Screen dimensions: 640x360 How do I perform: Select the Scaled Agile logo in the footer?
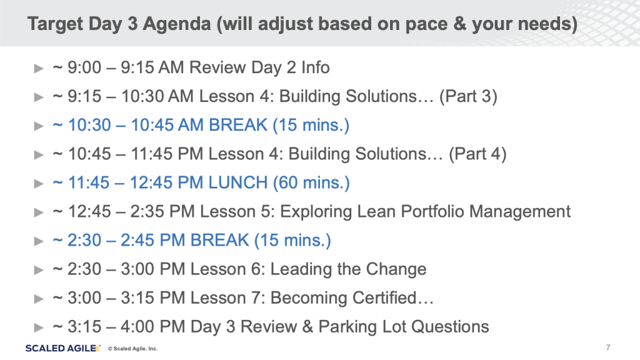63,348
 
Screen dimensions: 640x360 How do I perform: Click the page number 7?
608,347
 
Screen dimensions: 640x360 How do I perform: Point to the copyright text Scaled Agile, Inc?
132,349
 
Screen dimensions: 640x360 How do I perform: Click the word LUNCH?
238,182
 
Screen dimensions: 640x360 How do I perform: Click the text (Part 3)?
468,97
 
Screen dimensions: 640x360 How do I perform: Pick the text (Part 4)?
477,154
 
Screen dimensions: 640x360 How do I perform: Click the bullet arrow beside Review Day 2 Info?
39,68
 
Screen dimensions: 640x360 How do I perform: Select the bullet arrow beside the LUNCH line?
39,183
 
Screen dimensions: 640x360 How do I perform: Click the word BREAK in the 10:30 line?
238,125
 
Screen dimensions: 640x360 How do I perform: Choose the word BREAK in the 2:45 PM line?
219,240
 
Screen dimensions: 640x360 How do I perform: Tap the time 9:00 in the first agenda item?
84,67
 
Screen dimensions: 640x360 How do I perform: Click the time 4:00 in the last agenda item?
137,326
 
